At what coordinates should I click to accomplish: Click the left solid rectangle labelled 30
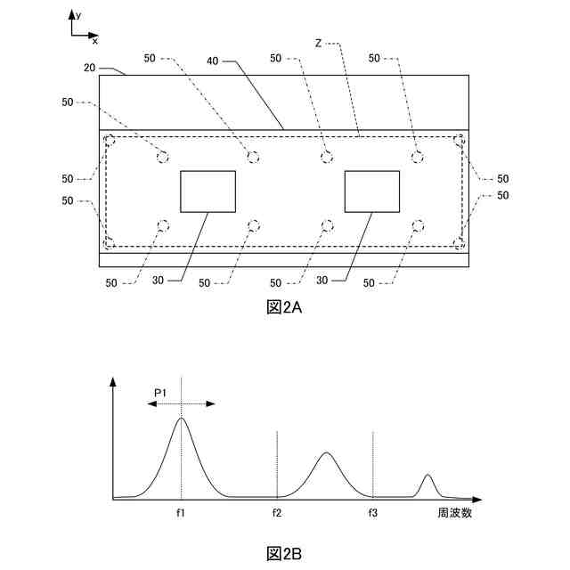tap(208, 191)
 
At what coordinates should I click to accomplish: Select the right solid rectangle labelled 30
tap(371, 191)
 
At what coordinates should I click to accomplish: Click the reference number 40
tap(212, 61)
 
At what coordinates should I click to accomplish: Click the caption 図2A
tap(285, 307)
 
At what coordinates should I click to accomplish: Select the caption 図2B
tap(285, 554)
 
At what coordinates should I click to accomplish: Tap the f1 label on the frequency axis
tap(181, 513)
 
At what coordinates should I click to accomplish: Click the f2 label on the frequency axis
tap(278, 513)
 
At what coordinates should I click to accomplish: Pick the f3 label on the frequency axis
tap(373, 513)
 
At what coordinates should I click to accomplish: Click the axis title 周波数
tap(453, 513)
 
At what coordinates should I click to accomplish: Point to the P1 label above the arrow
tap(161, 391)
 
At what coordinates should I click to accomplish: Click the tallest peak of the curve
tap(182, 419)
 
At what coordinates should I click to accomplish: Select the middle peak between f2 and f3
tap(326, 453)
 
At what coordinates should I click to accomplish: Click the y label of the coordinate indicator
tap(78, 15)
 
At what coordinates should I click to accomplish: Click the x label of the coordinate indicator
tap(95, 40)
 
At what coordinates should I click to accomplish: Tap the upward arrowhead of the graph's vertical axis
tap(113, 382)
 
